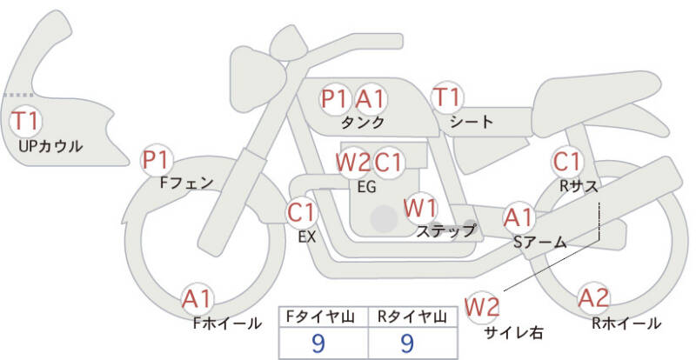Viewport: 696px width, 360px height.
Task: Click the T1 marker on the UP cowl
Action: (x=26, y=121)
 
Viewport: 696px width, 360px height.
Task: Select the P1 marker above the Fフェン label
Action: (x=157, y=160)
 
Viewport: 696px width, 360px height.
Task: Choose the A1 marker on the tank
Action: (x=371, y=98)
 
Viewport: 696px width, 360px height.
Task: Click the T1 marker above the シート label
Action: (x=447, y=97)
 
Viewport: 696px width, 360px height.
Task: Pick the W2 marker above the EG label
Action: (x=353, y=163)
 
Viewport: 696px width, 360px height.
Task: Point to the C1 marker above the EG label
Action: (x=388, y=163)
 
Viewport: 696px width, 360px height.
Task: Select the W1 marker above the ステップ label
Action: (x=420, y=208)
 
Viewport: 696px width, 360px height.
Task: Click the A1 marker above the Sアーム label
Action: (x=519, y=217)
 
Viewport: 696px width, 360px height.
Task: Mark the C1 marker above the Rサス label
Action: (x=567, y=162)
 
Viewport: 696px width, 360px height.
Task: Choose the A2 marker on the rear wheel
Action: (x=593, y=299)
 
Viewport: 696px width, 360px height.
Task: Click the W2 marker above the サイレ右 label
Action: (x=482, y=307)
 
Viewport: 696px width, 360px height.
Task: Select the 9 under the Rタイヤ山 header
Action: (x=406, y=343)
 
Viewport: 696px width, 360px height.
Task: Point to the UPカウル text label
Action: (x=50, y=146)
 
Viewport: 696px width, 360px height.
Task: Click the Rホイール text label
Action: (x=626, y=323)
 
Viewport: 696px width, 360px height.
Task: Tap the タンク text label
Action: (x=363, y=122)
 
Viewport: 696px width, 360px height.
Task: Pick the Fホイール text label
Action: (x=227, y=323)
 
